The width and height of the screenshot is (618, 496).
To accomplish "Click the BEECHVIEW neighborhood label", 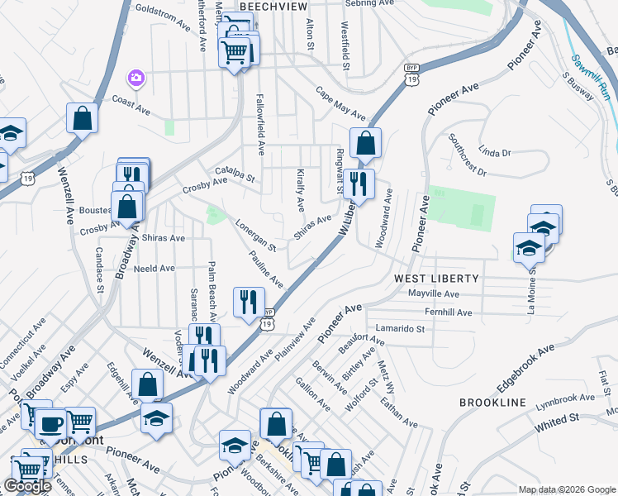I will pyautogui.click(x=273, y=6).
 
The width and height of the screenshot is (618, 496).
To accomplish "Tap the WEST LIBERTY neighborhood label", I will pyautogui.click(x=436, y=279).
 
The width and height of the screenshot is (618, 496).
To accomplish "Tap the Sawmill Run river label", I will pyautogui.click(x=592, y=77).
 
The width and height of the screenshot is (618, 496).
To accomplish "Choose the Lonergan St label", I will pyautogui.click(x=254, y=235).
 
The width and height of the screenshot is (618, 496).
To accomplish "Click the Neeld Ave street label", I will pyautogui.click(x=154, y=269).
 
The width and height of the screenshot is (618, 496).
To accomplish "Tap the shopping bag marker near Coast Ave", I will pyautogui.click(x=83, y=117).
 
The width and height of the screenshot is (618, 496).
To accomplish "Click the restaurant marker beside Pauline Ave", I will pyautogui.click(x=249, y=301).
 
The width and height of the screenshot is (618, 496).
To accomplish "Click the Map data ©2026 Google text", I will pyautogui.click(x=566, y=489).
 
